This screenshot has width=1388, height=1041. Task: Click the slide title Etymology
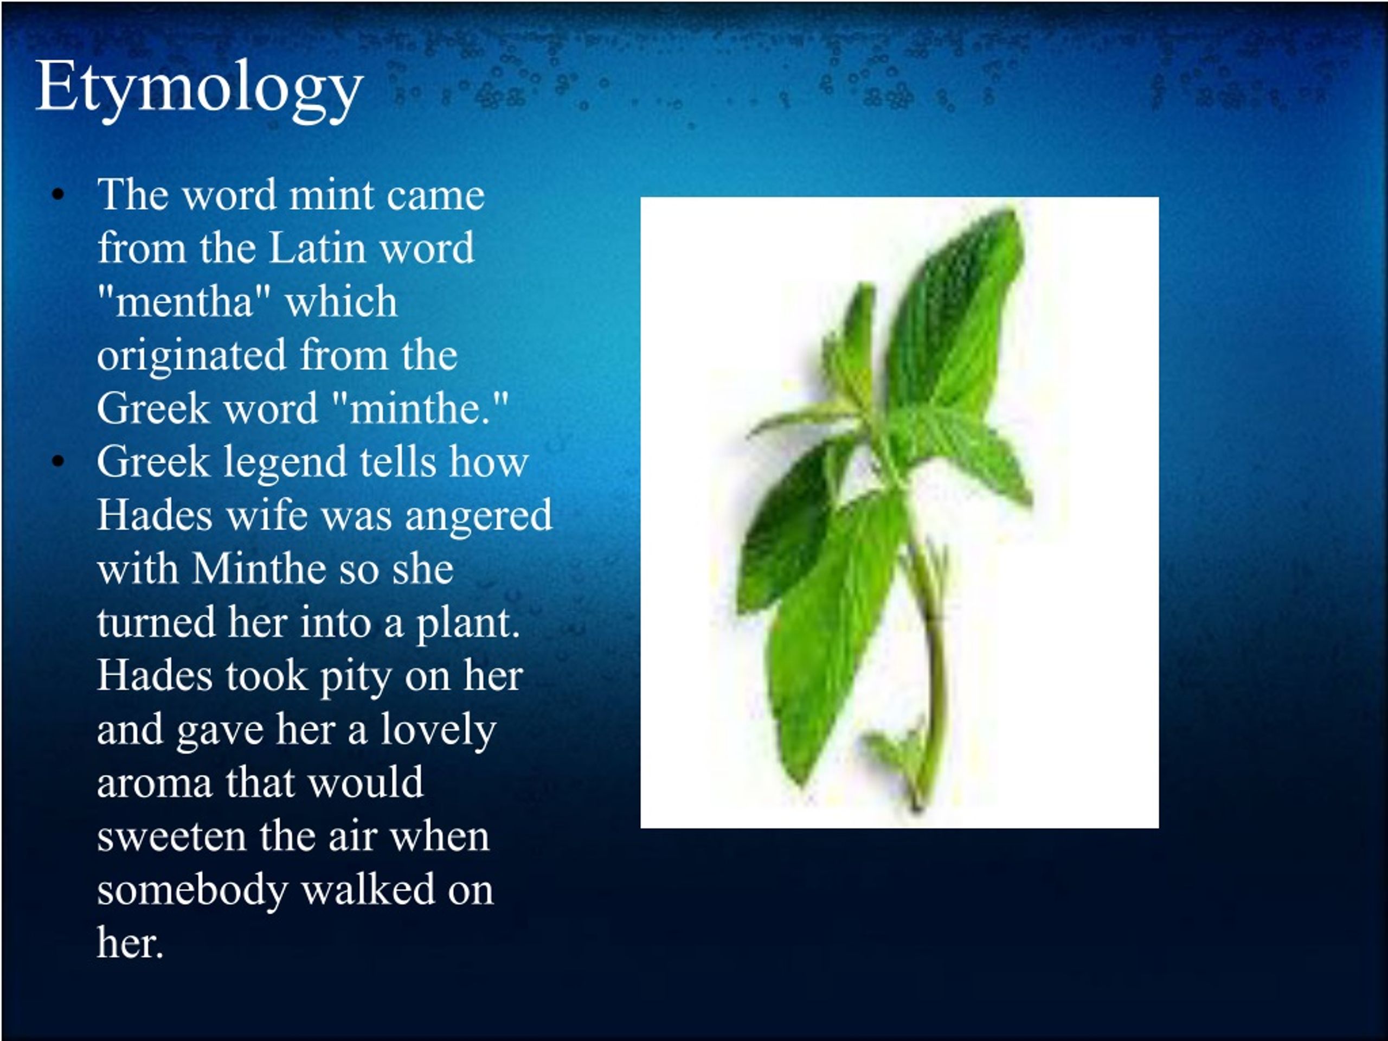point(199,88)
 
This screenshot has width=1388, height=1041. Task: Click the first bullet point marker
point(59,195)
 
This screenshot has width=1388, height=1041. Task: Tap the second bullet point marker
point(59,462)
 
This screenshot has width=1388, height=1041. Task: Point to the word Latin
point(318,248)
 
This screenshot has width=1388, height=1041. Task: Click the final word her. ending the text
point(130,944)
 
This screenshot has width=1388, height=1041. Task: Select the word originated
point(191,355)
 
